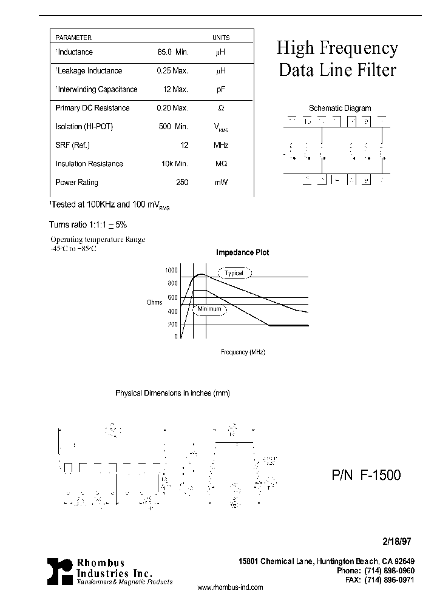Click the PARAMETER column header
[73, 38]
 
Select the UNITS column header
[220, 38]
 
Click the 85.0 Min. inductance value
[173, 52]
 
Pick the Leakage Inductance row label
[89, 71]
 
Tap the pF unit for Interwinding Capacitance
[220, 89]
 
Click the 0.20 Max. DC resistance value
[172, 108]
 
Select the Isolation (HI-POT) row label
[84, 126]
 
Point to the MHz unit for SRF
[220, 145]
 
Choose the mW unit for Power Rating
[220, 182]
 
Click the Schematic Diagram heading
[339, 109]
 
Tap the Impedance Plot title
[243, 252]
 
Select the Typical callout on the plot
[234, 273]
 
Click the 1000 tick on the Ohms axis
[171, 270]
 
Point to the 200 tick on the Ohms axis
[172, 324]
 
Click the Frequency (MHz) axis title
[243, 352]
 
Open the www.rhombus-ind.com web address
[231, 587]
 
